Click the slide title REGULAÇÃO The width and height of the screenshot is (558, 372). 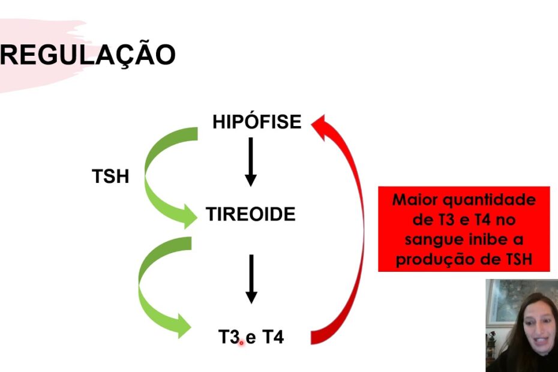point(88,55)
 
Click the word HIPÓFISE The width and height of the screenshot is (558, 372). point(257,122)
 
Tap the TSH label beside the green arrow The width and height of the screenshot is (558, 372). point(110,176)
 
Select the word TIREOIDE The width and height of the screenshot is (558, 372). point(251,214)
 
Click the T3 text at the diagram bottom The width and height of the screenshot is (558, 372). point(229,337)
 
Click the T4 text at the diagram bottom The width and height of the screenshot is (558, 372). point(273,337)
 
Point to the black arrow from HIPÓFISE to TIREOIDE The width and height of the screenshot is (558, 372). point(251,162)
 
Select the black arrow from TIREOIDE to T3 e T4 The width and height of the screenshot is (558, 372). point(251,279)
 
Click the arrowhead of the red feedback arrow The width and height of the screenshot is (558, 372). point(319,127)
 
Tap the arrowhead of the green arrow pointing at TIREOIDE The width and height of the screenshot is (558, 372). point(190,216)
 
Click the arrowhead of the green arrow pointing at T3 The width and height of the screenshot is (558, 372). point(184,326)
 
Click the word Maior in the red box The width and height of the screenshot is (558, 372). point(414,199)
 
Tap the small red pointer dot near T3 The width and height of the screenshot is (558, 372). point(241,343)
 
